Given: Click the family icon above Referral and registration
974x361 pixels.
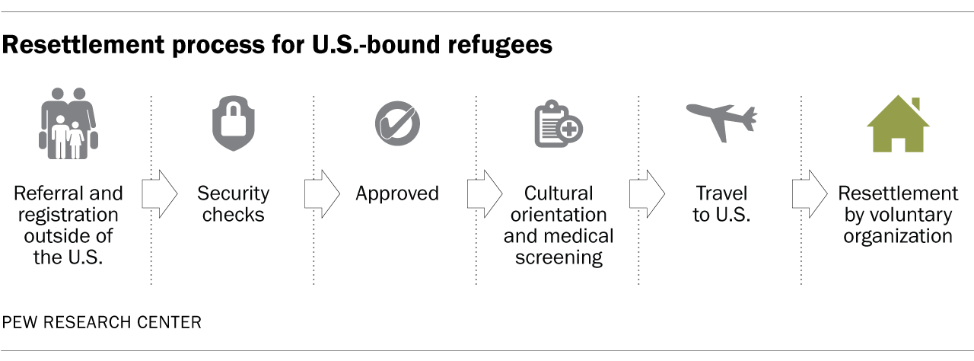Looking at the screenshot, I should (68, 124).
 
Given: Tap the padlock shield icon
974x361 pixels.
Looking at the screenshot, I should (233, 125).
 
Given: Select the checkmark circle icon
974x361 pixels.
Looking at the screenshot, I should (396, 123).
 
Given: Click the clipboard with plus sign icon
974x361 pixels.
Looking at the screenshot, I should (558, 125).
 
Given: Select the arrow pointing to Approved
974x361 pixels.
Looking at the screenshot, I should (322, 193).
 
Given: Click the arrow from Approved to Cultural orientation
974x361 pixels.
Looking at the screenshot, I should (484, 193).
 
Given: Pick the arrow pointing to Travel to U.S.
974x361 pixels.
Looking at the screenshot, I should (647, 193).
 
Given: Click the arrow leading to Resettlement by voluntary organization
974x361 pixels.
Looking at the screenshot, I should (809, 193).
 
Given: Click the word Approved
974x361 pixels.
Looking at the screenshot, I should (397, 193).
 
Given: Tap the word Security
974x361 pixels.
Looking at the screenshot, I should (233, 193).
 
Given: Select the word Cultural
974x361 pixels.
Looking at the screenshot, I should (559, 193).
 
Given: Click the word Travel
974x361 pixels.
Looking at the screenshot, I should (721, 193).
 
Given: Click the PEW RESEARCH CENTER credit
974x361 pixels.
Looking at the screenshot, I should (102, 323).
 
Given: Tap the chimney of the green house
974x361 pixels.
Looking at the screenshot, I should (915, 104).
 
